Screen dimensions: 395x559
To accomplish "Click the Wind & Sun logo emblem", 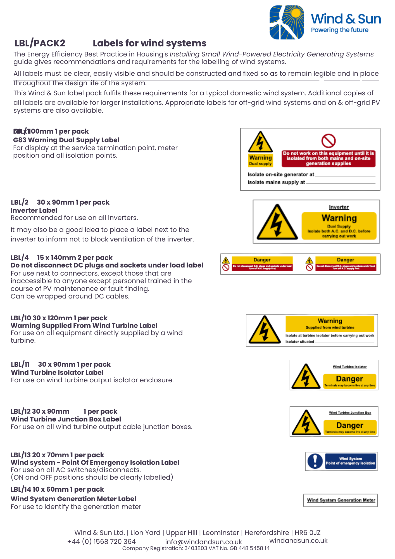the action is point(287,22).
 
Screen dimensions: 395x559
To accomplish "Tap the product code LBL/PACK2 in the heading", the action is point(40,43).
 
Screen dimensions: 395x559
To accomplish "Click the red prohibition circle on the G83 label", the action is point(328,141).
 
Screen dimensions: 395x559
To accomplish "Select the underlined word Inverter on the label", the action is point(339,207).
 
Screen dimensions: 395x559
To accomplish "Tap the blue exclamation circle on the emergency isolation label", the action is point(315,461).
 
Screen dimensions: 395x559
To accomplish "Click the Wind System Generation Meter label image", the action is point(341,500).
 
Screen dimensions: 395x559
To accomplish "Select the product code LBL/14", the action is point(20,489).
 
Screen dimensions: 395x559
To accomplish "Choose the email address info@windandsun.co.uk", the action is point(204,542).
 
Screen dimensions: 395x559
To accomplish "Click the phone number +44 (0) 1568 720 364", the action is point(101,541).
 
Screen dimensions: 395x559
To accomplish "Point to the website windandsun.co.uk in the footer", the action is point(298,541).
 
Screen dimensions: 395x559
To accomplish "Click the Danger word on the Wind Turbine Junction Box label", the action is point(350,425).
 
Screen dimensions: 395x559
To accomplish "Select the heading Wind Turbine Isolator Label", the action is point(57,373).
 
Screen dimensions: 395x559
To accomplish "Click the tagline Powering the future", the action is point(340,30).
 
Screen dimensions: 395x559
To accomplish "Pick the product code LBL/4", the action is point(20,257).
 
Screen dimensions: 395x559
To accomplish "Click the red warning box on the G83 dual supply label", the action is point(328,158).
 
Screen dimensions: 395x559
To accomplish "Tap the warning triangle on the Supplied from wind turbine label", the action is point(264,330).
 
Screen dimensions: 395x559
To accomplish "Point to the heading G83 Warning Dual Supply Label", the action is point(66,140).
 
